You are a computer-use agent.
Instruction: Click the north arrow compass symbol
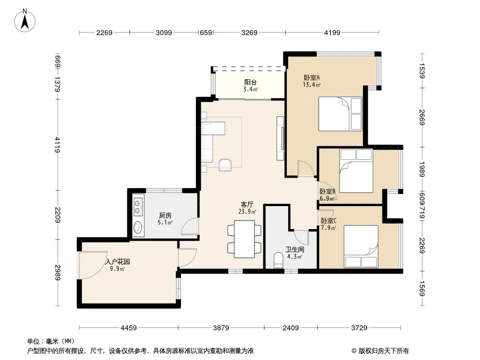(25, 21)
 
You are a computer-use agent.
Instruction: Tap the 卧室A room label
(312, 78)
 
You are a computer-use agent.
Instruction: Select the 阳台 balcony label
(250, 82)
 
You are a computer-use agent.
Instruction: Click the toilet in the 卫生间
(278, 260)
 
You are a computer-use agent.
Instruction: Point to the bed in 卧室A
(340, 114)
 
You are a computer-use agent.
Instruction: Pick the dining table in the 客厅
(245, 239)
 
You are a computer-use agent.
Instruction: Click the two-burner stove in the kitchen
(138, 207)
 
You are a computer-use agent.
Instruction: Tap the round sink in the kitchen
(138, 227)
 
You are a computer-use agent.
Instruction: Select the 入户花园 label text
(118, 262)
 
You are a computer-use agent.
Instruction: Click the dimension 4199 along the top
(332, 32)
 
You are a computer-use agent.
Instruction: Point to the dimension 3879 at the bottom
(221, 328)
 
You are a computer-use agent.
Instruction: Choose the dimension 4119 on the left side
(58, 144)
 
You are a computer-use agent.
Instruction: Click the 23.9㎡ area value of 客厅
(247, 211)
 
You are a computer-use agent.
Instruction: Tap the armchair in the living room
(225, 165)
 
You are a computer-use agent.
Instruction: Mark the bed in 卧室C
(361, 247)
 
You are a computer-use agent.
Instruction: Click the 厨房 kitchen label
(165, 216)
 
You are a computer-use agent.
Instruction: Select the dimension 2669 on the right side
(422, 117)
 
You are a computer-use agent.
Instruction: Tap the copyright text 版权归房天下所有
(384, 351)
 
